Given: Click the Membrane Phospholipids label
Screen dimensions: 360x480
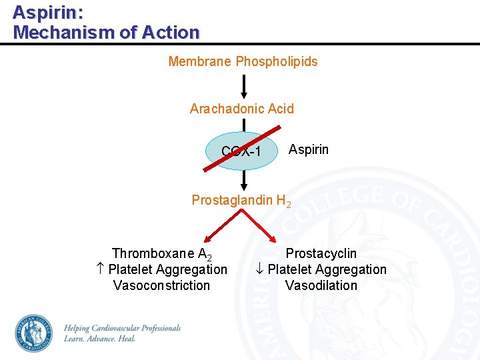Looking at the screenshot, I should coord(243,61).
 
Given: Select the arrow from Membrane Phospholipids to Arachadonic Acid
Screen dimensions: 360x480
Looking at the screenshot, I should coord(244,86).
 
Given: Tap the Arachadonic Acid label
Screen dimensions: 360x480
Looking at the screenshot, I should coord(241,109).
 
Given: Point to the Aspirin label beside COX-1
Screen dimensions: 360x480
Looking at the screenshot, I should coord(308,149).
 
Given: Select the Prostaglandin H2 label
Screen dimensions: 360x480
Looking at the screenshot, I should coord(241,200).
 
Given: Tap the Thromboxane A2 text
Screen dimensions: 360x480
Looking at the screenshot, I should coord(161,254).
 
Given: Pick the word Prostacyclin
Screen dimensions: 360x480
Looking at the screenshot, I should coord(321,253).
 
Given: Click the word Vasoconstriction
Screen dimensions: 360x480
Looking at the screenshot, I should coord(161,285).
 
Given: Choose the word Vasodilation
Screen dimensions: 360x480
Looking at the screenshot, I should coord(321,285).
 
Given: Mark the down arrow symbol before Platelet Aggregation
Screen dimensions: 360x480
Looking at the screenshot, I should coord(260,269).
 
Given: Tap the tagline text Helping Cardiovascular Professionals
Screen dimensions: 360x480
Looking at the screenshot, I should coord(122,328).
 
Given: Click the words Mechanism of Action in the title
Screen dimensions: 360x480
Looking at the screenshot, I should coord(106,32).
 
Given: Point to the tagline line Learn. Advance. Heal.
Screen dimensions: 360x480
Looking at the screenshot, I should coord(99,339).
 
